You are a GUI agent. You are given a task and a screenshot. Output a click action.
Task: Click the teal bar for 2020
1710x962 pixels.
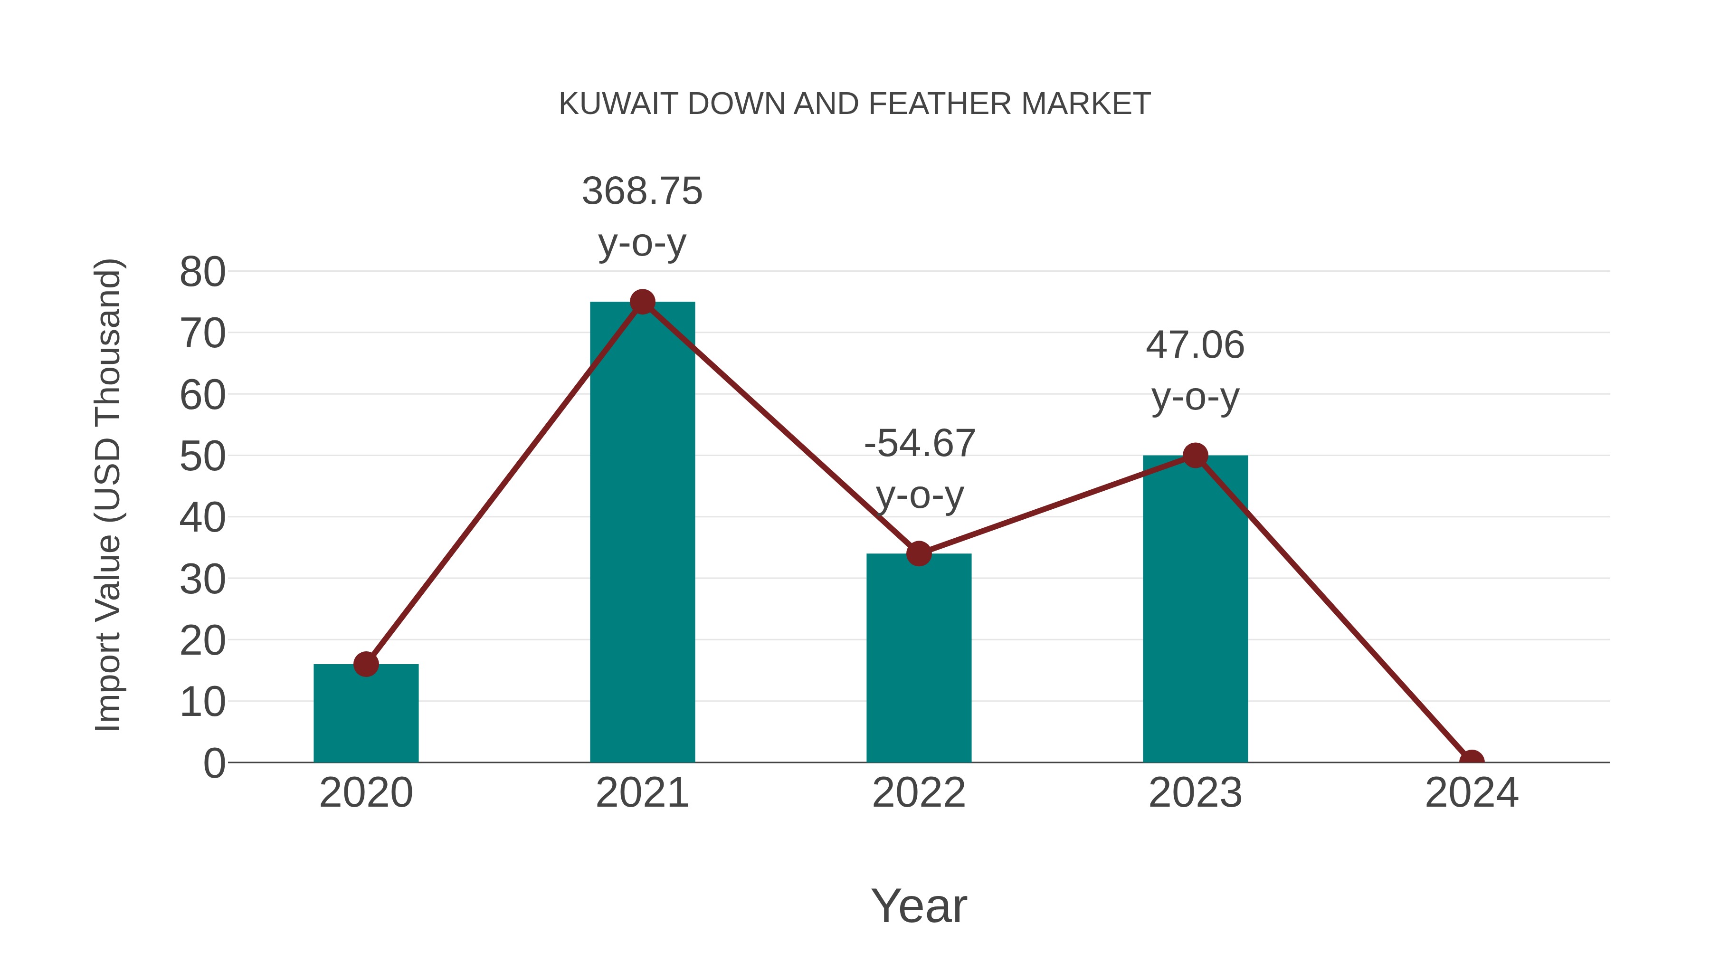click(366, 717)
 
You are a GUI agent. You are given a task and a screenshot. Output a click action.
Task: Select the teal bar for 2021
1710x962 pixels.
click(642, 531)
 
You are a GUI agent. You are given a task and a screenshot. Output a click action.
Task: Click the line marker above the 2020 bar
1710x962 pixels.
click(366, 664)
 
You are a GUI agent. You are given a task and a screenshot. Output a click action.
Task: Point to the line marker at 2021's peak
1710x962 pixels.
click(642, 302)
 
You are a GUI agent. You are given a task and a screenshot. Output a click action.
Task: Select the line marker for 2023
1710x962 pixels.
click(1195, 456)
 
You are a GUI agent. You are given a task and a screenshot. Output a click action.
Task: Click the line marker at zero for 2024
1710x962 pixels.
click(1472, 761)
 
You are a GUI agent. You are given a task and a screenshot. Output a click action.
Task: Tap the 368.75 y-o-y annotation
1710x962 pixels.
click(642, 217)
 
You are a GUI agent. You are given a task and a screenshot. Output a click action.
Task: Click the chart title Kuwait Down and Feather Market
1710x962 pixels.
click(855, 104)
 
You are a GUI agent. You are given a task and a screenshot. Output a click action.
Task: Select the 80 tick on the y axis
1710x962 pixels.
click(202, 272)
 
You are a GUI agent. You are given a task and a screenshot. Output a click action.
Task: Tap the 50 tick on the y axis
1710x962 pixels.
click(202, 456)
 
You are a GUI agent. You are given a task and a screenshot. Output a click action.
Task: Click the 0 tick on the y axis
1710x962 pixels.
click(214, 763)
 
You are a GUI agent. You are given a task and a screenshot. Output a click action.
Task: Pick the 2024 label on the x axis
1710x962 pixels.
click(1472, 793)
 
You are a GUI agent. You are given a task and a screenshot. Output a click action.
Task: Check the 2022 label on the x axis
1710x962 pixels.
click(919, 793)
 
